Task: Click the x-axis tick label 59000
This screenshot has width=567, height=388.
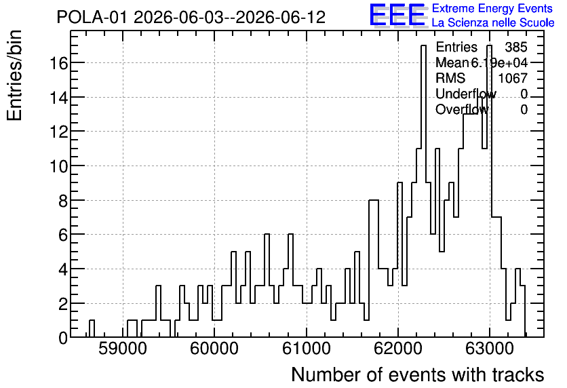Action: point(123,349)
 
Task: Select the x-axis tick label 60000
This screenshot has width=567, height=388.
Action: point(214,349)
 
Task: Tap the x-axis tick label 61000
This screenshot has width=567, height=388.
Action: point(307,349)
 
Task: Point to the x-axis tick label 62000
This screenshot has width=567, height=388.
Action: point(397,349)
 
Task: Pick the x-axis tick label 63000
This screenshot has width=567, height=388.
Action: point(489,349)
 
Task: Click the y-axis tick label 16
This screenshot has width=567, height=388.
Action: point(58,64)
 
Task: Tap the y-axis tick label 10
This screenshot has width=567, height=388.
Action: point(58,167)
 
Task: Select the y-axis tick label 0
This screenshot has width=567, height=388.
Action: point(63,338)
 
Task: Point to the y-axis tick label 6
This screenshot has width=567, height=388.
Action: point(63,235)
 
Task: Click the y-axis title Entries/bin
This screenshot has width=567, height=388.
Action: point(15,75)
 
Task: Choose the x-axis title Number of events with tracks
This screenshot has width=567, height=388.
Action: point(418,374)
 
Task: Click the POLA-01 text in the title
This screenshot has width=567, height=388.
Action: point(92,17)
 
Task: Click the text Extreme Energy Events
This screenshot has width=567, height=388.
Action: point(492,8)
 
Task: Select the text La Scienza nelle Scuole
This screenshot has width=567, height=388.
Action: point(493,22)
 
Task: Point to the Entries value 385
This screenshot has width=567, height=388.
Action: point(516,47)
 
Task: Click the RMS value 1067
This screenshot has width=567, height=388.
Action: point(513,78)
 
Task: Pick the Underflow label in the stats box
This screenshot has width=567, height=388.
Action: point(466,94)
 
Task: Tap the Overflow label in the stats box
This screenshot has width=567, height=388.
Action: point(462,109)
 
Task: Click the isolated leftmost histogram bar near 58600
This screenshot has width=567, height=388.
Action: point(92,328)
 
